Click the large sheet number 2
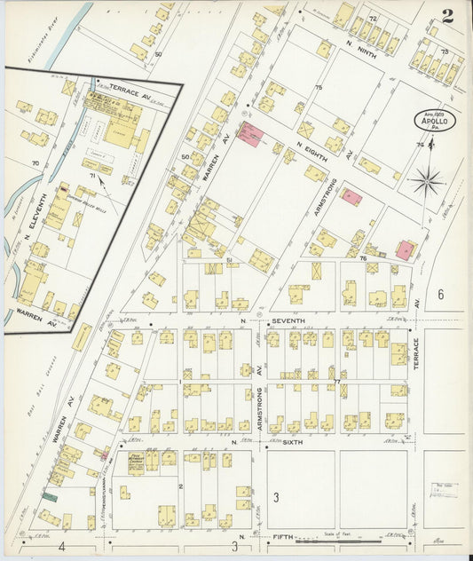coord(448,15)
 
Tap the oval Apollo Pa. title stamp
coord(434,122)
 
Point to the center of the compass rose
coord(427,182)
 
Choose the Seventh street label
coord(288,320)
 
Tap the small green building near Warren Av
coord(49,496)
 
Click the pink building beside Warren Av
coord(252,135)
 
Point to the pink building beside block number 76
coord(406,249)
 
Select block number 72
coord(372,19)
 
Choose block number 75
coord(317,87)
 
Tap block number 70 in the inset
coord(35,163)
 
